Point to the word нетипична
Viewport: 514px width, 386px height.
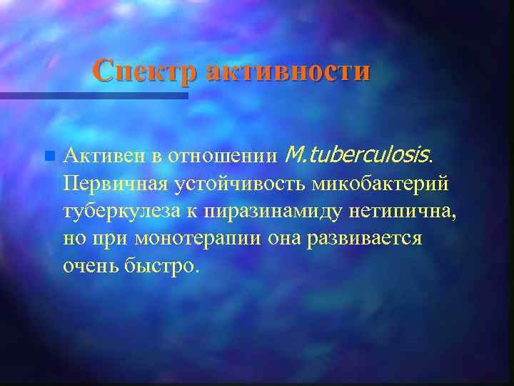pyautogui.click(x=400, y=212)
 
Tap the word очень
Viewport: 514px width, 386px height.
pyautogui.click(x=89, y=267)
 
